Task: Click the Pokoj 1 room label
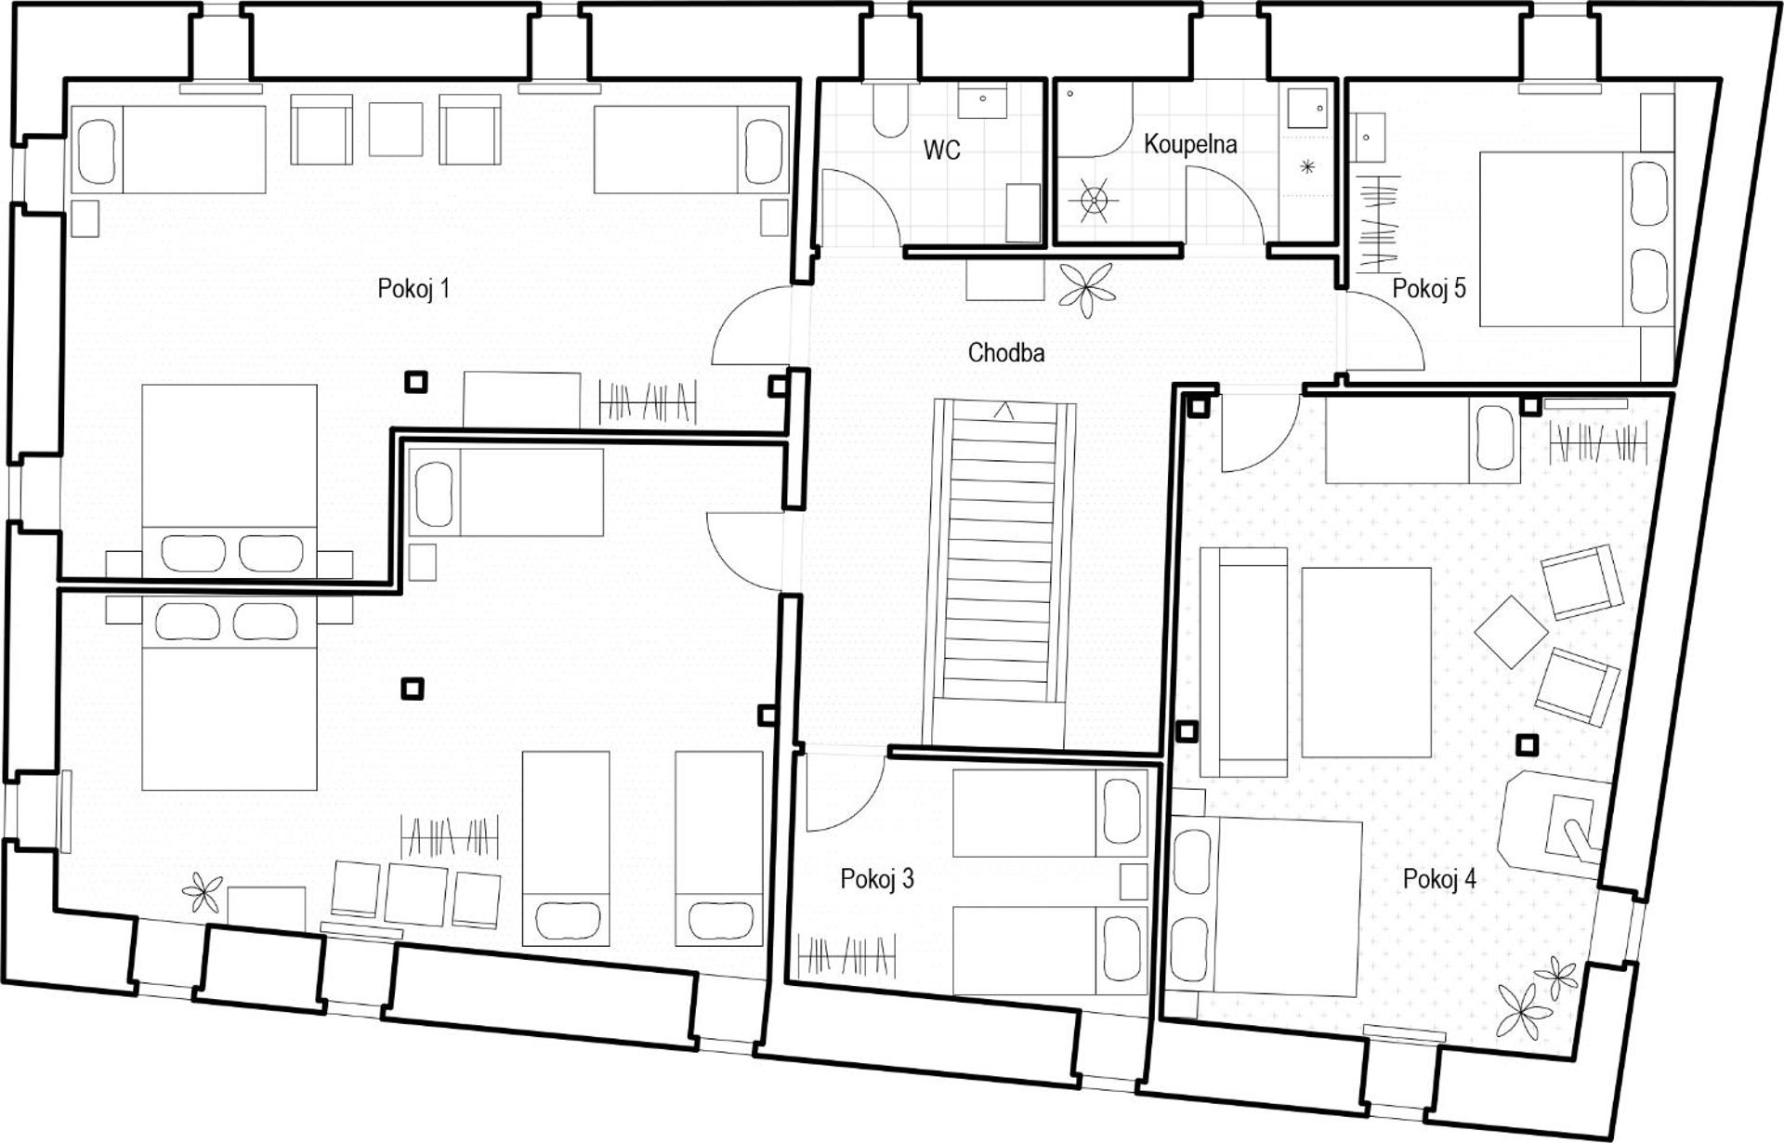point(413,288)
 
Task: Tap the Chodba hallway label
point(1005,352)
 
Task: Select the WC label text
point(941,150)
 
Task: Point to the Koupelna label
point(1190,144)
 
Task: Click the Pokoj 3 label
point(877,878)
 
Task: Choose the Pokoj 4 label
point(1439,878)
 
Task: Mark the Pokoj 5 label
point(1428,288)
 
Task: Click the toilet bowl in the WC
point(890,110)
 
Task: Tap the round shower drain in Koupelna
point(1094,199)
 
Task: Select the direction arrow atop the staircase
point(1003,410)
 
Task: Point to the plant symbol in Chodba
point(1085,288)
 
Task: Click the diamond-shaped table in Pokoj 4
point(1512,631)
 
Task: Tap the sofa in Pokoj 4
point(1244,662)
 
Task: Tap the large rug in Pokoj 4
point(1366,663)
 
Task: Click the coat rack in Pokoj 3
point(847,956)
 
